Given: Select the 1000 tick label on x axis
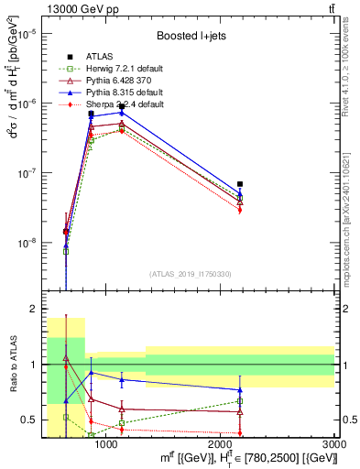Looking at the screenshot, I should point(106,444).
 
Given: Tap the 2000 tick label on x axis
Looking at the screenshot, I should point(221,444).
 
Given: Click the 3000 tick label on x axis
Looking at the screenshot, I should point(334,444).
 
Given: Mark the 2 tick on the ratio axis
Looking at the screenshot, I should point(38,309).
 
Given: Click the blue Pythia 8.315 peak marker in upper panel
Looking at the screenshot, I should point(122,113).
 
